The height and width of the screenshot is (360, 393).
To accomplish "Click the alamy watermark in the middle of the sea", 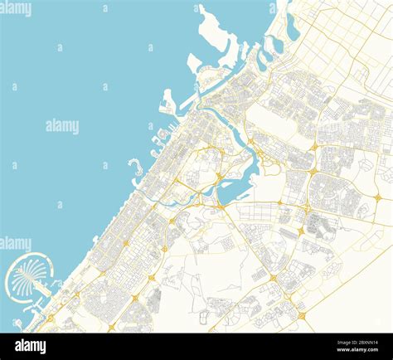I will [x=62, y=126].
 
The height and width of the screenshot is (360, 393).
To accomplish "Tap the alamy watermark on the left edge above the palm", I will [x=16, y=243].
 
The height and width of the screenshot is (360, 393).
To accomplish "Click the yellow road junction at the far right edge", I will [x=378, y=197].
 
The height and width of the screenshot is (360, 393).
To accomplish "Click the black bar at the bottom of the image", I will [x=196, y=346].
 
